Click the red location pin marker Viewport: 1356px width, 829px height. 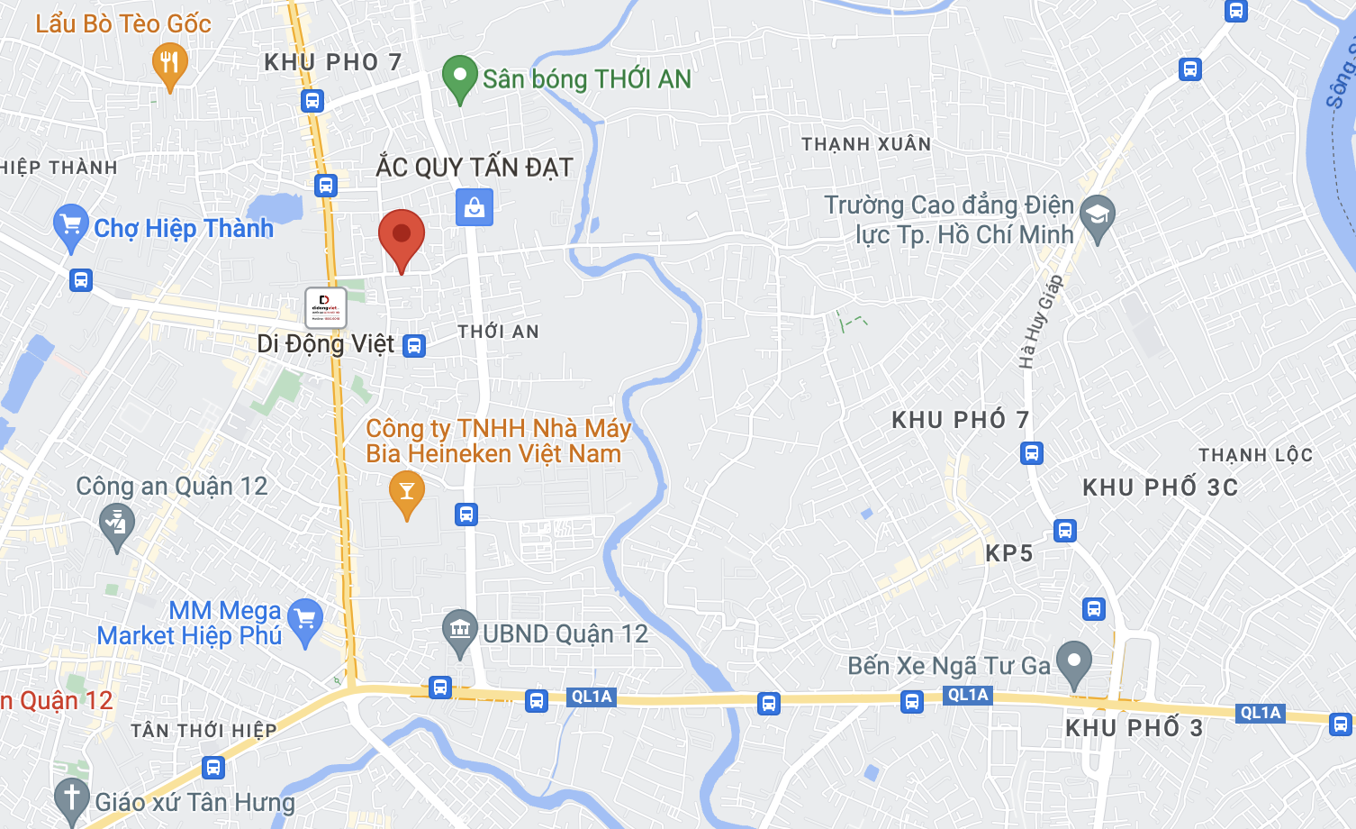tap(402, 236)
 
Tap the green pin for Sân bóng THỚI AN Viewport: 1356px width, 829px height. tap(459, 77)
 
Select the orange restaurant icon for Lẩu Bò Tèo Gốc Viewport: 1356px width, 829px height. tap(169, 65)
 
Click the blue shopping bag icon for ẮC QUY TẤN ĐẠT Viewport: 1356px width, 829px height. tap(475, 207)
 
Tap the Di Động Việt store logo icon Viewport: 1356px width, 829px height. tap(326, 308)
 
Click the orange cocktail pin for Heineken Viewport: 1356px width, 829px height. tap(407, 492)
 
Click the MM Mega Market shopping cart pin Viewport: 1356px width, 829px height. tap(305, 620)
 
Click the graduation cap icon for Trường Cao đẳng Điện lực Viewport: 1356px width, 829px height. tap(1098, 216)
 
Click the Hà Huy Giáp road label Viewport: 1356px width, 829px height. tap(1041, 322)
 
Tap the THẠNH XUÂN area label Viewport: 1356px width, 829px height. tap(866, 144)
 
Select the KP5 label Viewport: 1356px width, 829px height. tap(1008, 553)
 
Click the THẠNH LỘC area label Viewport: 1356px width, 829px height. tap(1255, 455)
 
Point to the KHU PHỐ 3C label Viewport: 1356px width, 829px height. tap(1160, 487)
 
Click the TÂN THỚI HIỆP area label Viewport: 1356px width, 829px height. tap(203, 730)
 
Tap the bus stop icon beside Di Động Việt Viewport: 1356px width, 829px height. tap(414, 345)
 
